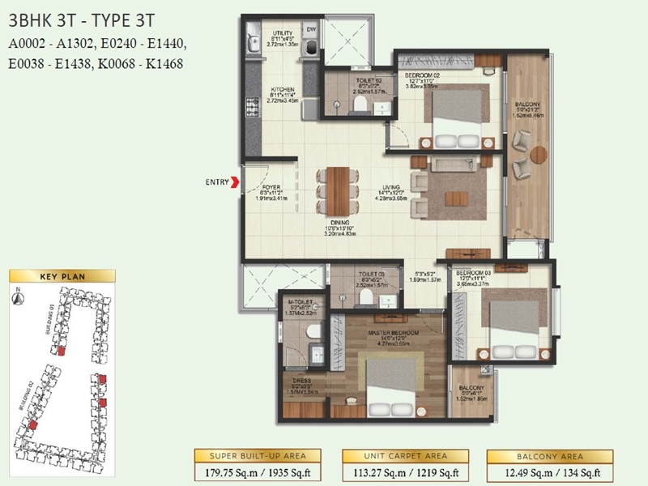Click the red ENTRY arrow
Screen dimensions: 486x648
pos(236,182)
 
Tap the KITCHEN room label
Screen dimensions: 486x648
pos(282,90)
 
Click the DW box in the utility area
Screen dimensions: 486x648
pos(310,31)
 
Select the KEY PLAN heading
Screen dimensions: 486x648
pos(62,276)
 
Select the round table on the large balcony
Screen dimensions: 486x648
pos(538,154)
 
